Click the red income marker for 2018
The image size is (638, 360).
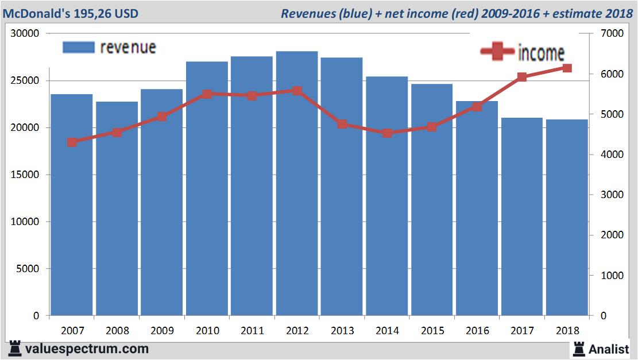[567, 68]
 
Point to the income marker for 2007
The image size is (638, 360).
[72, 142]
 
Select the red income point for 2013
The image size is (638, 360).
[342, 124]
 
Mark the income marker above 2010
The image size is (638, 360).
[207, 94]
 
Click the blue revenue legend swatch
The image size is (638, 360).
[78, 47]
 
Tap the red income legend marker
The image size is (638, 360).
[497, 52]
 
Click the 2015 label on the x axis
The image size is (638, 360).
[432, 331]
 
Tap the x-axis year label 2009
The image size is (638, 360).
[162, 331]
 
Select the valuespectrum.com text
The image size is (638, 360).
[87, 349]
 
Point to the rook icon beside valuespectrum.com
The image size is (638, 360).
[15, 349]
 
